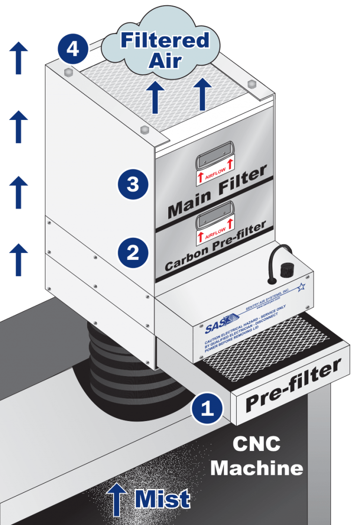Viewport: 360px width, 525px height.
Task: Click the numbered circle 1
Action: coord(207,408)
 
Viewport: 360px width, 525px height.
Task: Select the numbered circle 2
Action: coord(133,253)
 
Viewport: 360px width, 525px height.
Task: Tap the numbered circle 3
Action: coord(133,184)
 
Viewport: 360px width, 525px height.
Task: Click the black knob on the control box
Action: coord(285,271)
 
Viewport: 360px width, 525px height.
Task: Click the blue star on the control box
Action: coord(301,286)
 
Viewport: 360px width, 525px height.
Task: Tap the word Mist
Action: coord(162,499)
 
